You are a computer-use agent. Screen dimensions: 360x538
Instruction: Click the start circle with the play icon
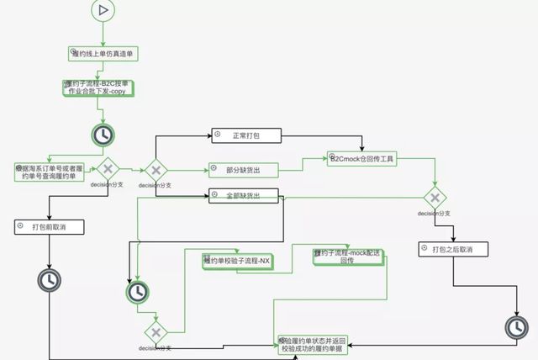click(x=103, y=10)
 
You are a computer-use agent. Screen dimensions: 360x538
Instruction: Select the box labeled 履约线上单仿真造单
click(x=103, y=53)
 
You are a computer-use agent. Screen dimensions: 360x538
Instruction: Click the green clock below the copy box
click(x=103, y=135)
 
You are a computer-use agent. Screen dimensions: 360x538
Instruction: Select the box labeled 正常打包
click(x=245, y=135)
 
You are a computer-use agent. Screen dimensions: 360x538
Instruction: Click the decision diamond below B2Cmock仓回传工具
click(x=435, y=199)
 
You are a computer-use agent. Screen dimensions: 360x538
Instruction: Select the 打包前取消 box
click(x=50, y=227)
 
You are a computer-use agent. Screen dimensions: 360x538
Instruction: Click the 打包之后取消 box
click(x=452, y=249)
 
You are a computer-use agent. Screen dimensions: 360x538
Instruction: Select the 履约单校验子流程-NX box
click(x=237, y=261)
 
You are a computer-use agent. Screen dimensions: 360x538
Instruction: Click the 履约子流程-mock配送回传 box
click(x=346, y=257)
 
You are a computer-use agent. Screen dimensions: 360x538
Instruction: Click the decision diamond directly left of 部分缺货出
click(x=156, y=170)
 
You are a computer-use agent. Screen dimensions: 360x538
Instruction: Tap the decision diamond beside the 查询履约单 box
click(x=108, y=169)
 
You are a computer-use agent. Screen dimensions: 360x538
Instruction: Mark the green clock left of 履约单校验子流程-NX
click(x=137, y=292)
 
